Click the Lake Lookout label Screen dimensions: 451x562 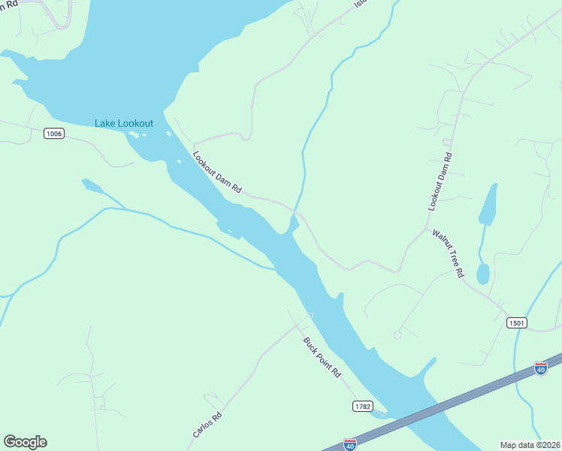124,123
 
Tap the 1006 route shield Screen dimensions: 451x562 54,134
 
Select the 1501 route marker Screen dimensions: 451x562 516,322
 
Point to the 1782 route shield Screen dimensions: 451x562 362,406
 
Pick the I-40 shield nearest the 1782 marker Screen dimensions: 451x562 349,444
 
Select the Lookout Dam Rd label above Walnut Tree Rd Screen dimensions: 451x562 440,181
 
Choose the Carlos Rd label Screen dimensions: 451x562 207,425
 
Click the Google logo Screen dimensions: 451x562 25,442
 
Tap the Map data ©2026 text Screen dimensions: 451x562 530,445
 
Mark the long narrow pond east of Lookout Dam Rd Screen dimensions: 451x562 488,204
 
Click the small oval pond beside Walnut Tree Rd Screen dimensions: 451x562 482,274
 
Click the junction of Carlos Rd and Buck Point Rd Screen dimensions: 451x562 308,316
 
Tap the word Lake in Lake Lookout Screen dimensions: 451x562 105,123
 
